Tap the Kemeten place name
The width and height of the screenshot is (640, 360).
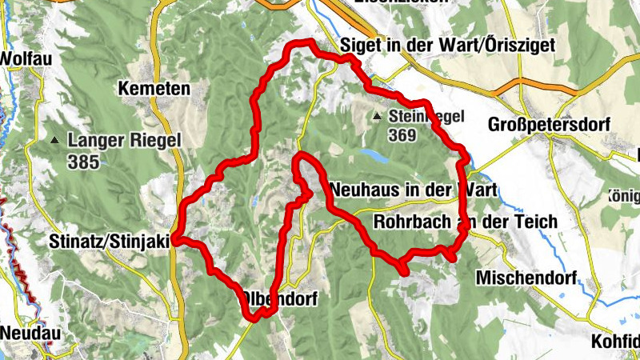tap(154, 88)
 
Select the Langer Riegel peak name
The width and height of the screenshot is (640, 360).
tap(124, 141)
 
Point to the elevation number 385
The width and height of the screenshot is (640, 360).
tap(83, 162)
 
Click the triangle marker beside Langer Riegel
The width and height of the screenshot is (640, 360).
tap(54, 142)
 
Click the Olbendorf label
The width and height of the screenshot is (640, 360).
tap(280, 300)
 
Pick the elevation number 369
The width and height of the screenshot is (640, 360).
tap(404, 135)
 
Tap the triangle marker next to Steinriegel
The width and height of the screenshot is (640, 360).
tap(377, 118)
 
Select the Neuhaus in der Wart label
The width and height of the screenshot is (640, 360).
tap(413, 190)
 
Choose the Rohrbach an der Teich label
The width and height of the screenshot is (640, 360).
tap(466, 221)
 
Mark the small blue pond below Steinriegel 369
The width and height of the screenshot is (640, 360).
tap(372, 154)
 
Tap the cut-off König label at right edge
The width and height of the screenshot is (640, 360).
tap(624, 194)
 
